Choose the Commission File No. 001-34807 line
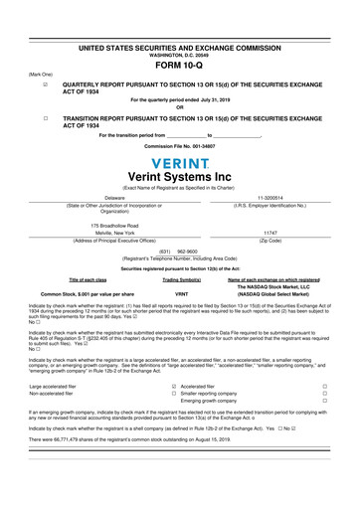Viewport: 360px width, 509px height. (180, 146)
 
